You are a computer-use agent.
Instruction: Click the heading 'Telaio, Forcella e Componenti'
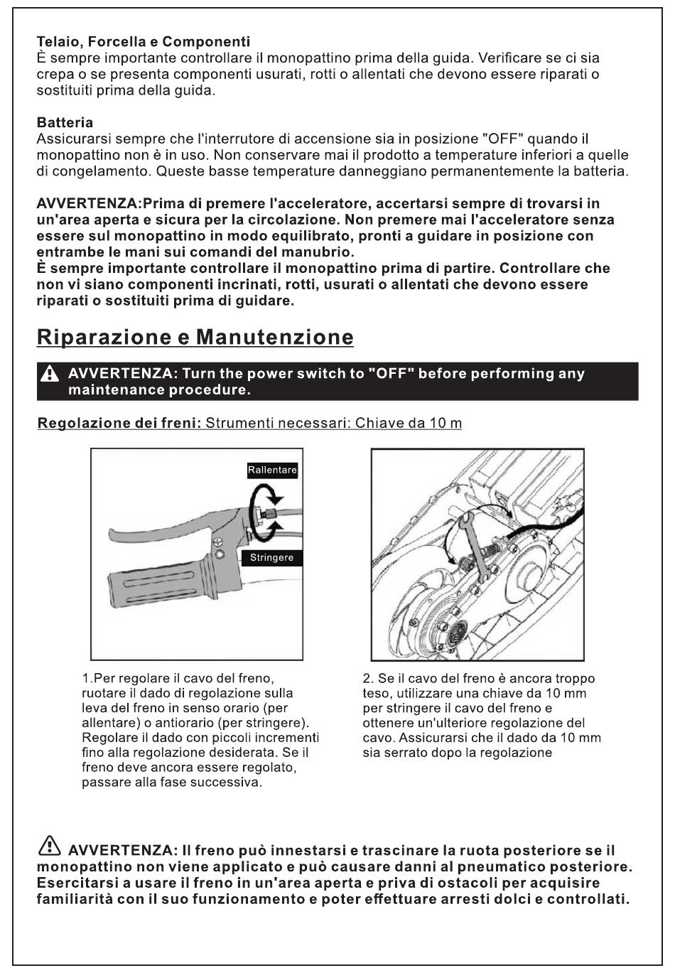point(143,42)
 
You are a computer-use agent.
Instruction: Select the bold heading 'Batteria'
point(65,123)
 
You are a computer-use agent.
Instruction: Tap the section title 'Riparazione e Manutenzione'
point(195,337)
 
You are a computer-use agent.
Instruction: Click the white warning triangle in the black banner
point(50,374)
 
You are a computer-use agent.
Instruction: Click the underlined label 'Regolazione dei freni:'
point(119,424)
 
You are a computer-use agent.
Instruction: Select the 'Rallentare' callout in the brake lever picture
point(272,470)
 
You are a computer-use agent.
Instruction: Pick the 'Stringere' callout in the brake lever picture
point(271,558)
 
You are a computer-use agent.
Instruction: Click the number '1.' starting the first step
point(87,679)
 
